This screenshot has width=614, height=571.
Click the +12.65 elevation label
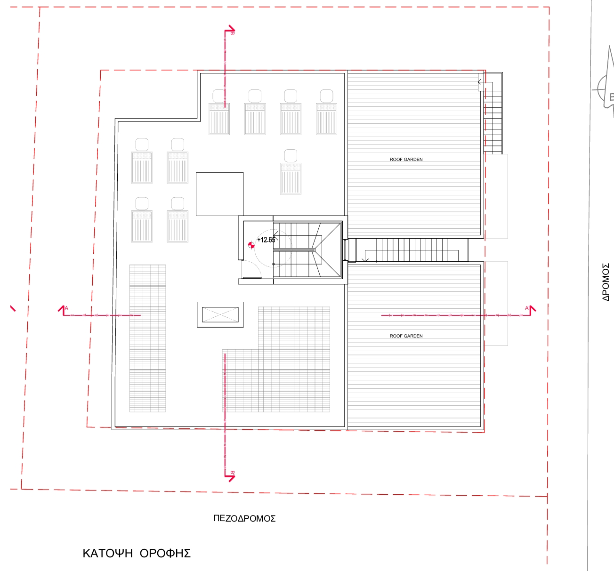(266, 240)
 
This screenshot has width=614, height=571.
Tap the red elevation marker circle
(251, 245)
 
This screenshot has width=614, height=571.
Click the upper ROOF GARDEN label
(406, 160)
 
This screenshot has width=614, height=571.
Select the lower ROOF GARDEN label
(406, 336)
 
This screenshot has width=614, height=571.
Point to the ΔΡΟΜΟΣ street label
(606, 282)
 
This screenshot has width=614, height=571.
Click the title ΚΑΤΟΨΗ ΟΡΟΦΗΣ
(137, 554)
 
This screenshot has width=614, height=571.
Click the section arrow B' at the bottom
(230, 476)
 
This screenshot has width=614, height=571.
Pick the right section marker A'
(531, 310)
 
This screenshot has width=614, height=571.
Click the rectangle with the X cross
(220, 315)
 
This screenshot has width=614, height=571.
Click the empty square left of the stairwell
(220, 194)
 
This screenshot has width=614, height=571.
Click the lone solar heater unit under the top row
(291, 172)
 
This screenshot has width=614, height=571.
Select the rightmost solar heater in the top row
(326, 112)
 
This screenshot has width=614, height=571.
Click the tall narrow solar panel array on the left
(147, 338)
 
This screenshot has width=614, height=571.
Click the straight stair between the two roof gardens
(412, 250)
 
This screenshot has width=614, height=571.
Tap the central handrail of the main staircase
(294, 250)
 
